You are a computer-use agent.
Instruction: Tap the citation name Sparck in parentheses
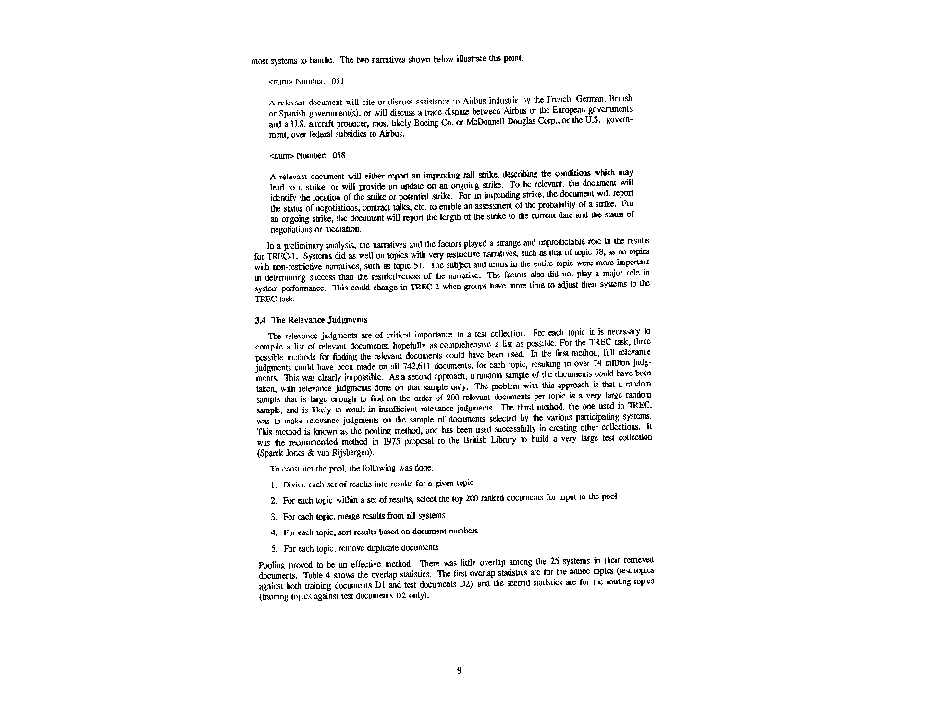[x=269, y=452]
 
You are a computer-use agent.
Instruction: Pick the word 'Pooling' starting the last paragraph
[x=269, y=563]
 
